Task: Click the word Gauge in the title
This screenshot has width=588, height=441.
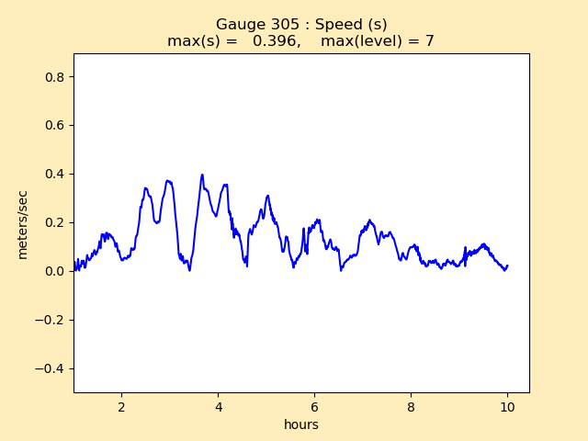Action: pyautogui.click(x=239, y=25)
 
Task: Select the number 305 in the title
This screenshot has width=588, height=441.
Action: pyautogui.click(x=283, y=25)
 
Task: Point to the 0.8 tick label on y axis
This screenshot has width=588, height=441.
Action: pyautogui.click(x=55, y=77)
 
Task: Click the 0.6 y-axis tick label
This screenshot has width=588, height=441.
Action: pyautogui.click(x=55, y=126)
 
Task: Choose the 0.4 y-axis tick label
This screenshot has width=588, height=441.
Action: pyautogui.click(x=55, y=175)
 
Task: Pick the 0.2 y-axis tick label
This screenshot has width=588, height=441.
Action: pyautogui.click(x=55, y=222)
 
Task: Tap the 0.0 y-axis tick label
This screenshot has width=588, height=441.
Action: pyautogui.click(x=55, y=271)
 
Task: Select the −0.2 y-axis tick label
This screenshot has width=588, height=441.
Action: pyautogui.click(x=51, y=320)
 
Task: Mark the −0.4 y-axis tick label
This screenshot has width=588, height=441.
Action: pyautogui.click(x=51, y=368)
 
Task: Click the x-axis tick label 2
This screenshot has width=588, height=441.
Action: pyautogui.click(x=121, y=407)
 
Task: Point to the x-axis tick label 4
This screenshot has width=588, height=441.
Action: pyautogui.click(x=218, y=407)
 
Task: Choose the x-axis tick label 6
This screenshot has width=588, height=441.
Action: pyautogui.click(x=314, y=407)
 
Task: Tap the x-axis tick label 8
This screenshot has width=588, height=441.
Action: pyautogui.click(x=411, y=407)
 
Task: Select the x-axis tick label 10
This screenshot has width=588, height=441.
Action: pyautogui.click(x=507, y=407)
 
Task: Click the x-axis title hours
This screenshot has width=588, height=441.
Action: pyautogui.click(x=300, y=424)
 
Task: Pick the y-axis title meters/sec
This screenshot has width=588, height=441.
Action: pyautogui.click(x=23, y=224)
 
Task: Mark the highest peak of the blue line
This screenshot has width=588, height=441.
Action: pyautogui.click(x=202, y=175)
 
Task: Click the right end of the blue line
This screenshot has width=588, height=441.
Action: pyautogui.click(x=507, y=266)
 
